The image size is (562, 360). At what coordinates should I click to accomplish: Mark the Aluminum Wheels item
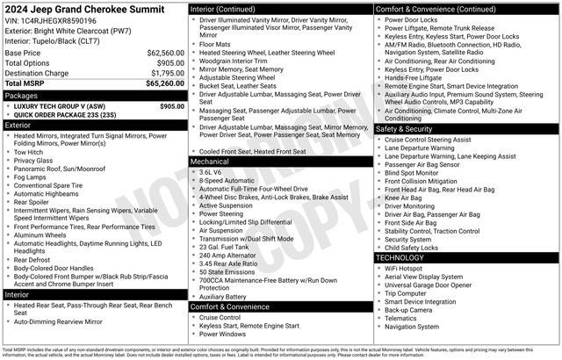42,235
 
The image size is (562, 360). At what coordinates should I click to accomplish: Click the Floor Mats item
215,43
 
